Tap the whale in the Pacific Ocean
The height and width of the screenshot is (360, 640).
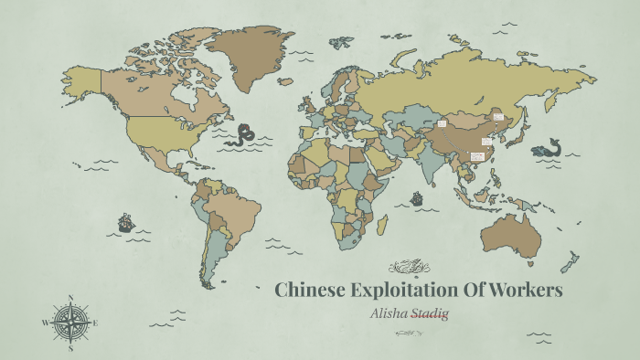[x=549, y=148]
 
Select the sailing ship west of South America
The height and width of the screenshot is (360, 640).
[x=125, y=222]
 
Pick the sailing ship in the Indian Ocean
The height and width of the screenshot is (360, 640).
[x=417, y=197]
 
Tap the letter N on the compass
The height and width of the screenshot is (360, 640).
[x=70, y=298]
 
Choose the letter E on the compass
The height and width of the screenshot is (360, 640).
[x=95, y=323]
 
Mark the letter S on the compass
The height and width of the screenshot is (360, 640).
[x=70, y=347]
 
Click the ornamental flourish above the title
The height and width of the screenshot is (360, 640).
[x=409, y=267]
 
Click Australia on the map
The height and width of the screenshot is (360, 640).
[x=511, y=232]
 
